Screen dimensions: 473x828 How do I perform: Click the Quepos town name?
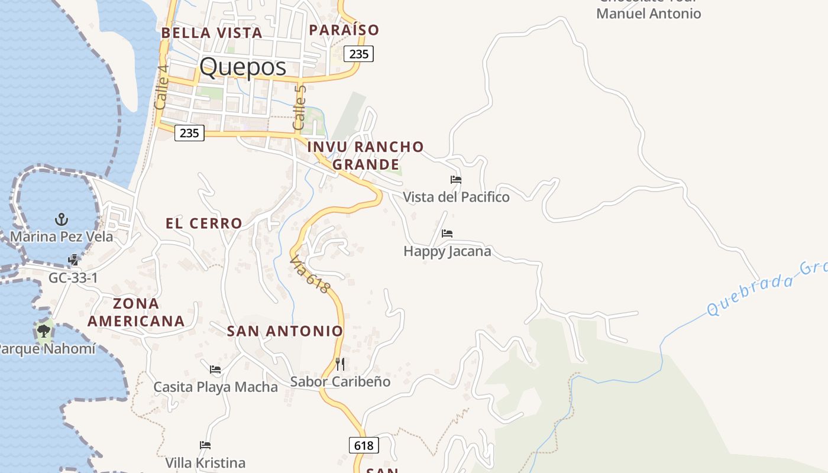coord(242,67)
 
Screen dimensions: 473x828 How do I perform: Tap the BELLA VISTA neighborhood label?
coord(211,33)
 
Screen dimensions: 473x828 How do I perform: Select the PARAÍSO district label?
coord(344,30)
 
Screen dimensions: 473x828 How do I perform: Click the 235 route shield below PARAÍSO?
coord(359,54)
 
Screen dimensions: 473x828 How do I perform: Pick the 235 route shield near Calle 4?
coord(189,133)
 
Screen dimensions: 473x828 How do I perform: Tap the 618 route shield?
coord(364,445)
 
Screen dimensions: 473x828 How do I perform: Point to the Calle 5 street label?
coord(300,106)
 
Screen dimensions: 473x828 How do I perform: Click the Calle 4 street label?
coord(161,86)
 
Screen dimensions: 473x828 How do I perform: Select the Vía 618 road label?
coord(310,274)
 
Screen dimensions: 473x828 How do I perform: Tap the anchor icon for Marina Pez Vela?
coord(62,220)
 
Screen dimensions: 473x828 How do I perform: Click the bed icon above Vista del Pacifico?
coord(456,180)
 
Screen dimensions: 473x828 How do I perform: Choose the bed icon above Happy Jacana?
coord(447,234)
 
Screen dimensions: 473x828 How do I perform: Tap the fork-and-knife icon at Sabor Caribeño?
coord(340,364)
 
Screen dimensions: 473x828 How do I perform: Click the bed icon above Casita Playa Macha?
coord(215,370)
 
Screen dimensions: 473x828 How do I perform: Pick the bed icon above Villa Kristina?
coord(205,445)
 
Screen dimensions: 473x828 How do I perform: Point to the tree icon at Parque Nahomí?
coord(44,331)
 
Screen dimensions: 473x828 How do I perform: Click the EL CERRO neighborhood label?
coord(203,223)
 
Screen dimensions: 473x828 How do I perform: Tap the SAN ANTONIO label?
coord(285,331)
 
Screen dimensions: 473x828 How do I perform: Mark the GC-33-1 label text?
coord(73,278)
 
